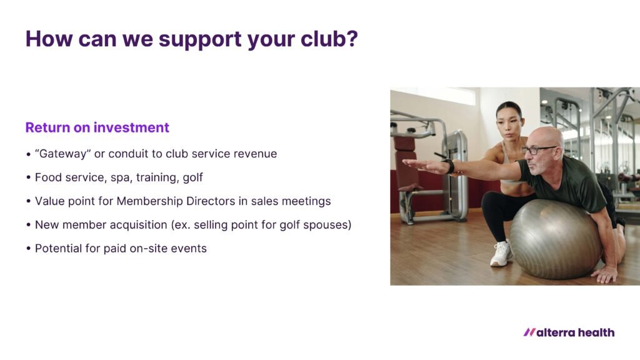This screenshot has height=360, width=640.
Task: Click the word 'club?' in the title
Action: pos(329,39)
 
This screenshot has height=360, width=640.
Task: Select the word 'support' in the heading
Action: pos(200,41)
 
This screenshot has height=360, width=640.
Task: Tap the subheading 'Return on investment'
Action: pos(97,127)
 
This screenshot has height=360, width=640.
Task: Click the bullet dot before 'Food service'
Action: pos(28,177)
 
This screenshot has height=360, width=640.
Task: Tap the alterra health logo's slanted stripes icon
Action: pos(529,332)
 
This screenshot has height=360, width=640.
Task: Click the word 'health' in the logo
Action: pos(596,332)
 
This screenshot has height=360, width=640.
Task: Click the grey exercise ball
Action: pos(556,238)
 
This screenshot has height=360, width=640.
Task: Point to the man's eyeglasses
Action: pos(538,150)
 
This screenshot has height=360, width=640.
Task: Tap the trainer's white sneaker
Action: pos(501,253)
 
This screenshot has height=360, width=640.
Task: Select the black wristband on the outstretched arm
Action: pos(450,166)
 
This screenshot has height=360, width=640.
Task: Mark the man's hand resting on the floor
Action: pos(605,274)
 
